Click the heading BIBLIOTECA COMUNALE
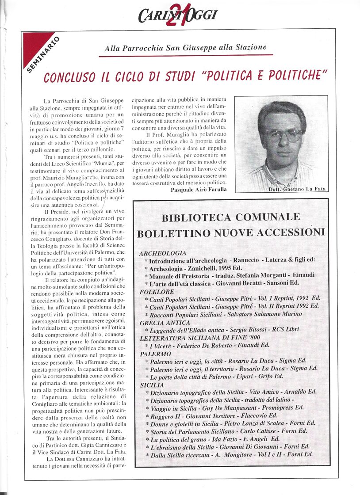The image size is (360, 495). tap(230, 217)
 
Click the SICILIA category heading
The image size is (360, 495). tap(152, 385)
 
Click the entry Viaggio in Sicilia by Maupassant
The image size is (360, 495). tap(226, 408)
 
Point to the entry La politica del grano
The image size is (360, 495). tap(215, 439)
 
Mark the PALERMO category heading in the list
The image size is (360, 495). tap(155, 354)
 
